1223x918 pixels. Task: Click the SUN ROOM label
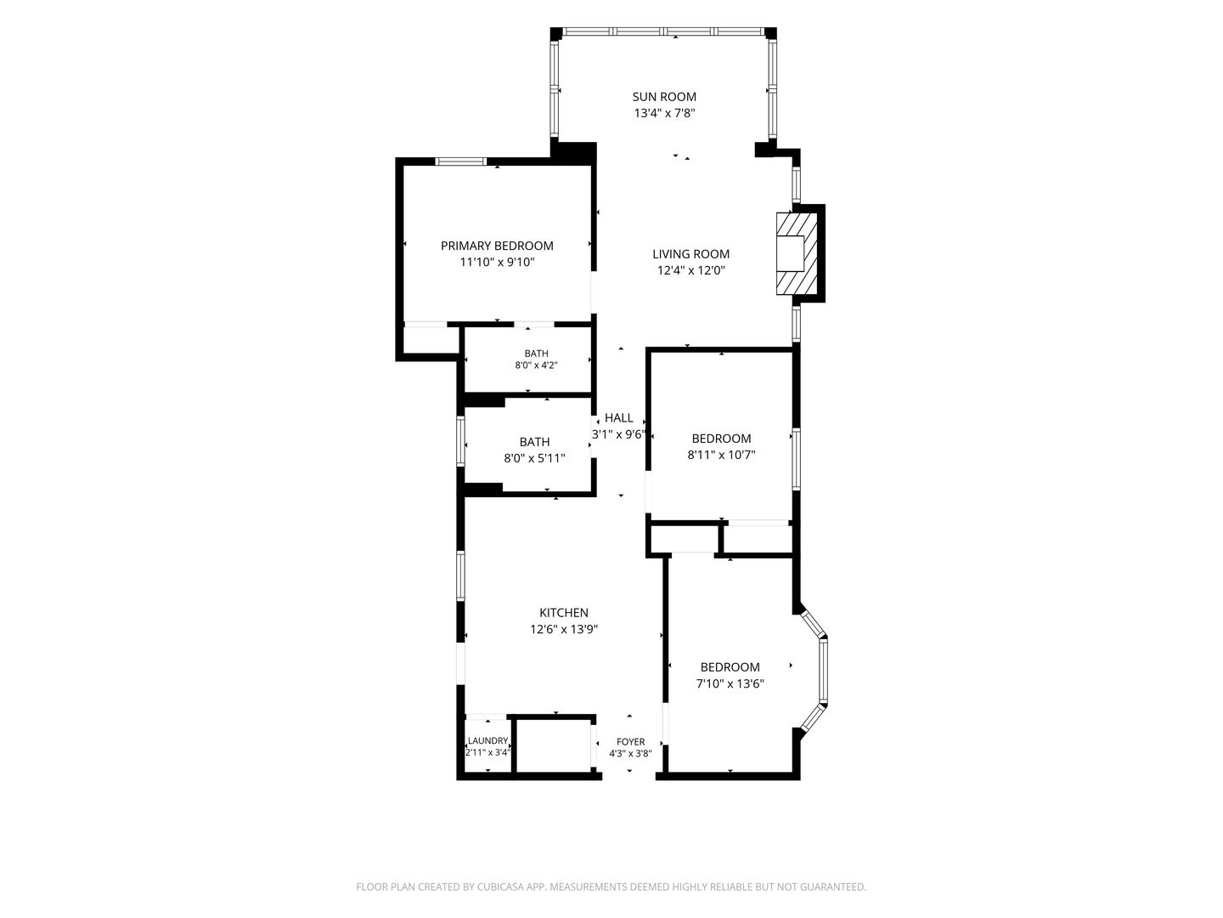pyautogui.click(x=664, y=96)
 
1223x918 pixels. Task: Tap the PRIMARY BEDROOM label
pyautogui.click(x=497, y=246)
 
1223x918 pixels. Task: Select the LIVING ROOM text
pyautogui.click(x=690, y=254)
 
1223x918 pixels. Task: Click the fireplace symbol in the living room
pyautogui.click(x=797, y=253)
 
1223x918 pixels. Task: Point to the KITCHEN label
pyautogui.click(x=564, y=613)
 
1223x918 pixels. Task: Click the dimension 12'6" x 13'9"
pyautogui.click(x=564, y=629)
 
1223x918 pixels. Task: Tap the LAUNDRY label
pyautogui.click(x=488, y=740)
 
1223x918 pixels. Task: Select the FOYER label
pyautogui.click(x=631, y=742)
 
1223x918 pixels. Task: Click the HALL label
pyautogui.click(x=619, y=417)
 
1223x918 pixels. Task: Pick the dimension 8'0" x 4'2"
pyautogui.click(x=536, y=365)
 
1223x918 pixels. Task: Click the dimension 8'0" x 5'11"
pyautogui.click(x=534, y=458)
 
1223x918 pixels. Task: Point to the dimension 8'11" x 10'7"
pyautogui.click(x=722, y=455)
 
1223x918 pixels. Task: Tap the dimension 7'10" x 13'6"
pyautogui.click(x=730, y=683)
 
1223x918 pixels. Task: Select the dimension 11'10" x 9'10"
pyautogui.click(x=497, y=262)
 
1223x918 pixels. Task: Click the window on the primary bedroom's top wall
pyautogui.click(x=461, y=161)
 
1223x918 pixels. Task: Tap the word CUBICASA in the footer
pyautogui.click(x=501, y=887)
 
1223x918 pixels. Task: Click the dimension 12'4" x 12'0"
pyautogui.click(x=690, y=270)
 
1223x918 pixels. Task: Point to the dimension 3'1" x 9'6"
pyautogui.click(x=618, y=434)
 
